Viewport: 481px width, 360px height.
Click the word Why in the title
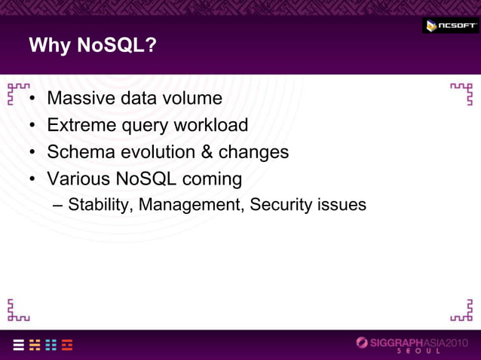click(x=50, y=46)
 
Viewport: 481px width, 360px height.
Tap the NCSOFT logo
click(x=450, y=26)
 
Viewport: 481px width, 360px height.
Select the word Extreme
click(x=81, y=125)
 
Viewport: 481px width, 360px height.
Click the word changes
click(x=254, y=152)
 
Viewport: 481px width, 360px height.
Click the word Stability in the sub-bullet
click(x=96, y=204)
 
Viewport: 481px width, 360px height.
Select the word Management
click(x=192, y=205)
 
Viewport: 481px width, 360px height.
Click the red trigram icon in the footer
click(x=67, y=345)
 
